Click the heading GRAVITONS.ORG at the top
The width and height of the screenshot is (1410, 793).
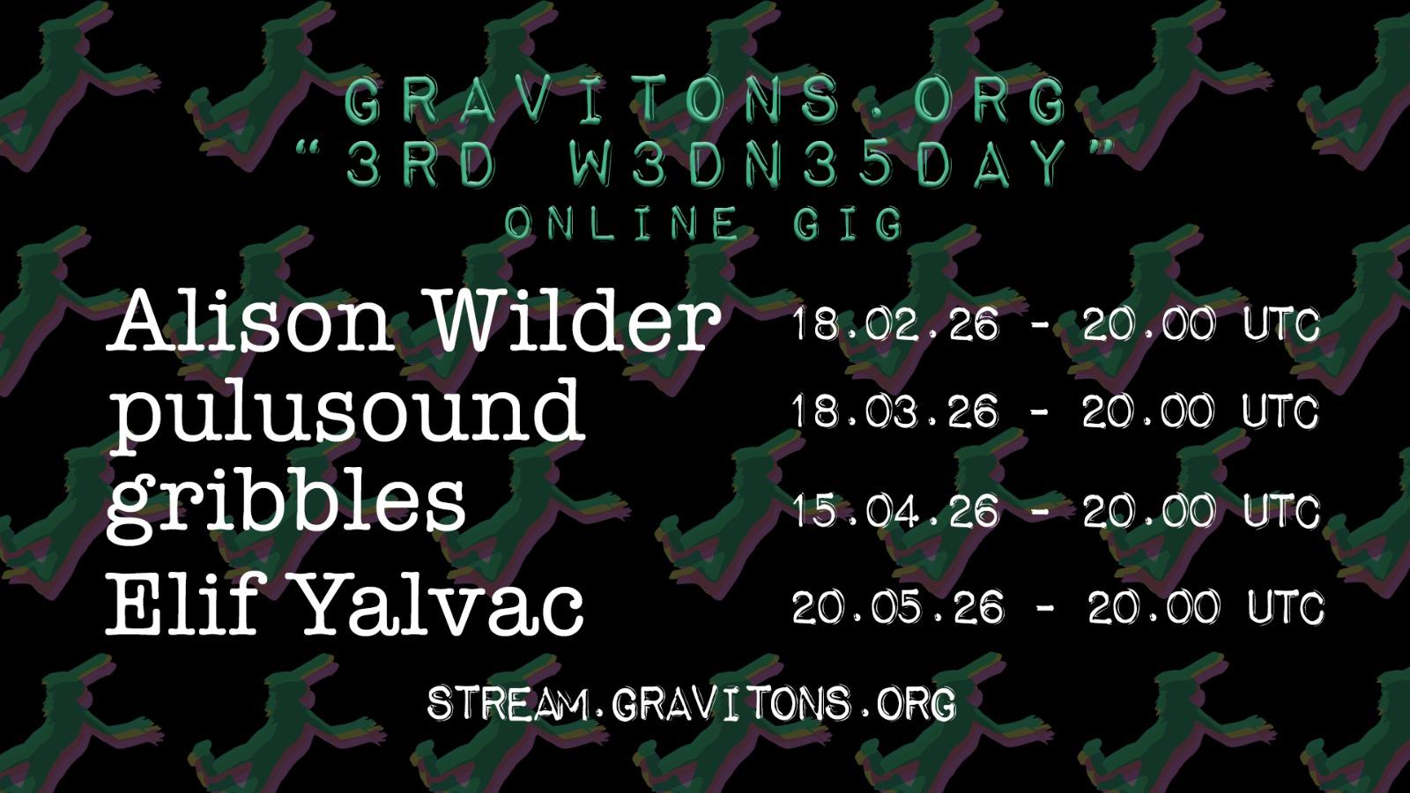[x=706, y=100]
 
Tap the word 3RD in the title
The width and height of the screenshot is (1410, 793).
[x=419, y=164]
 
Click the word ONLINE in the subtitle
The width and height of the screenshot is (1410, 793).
[x=620, y=223]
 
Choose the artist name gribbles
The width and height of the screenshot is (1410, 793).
[x=286, y=503]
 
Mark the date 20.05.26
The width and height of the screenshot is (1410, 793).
[x=898, y=608]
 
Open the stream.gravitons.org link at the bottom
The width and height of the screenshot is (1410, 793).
[x=691, y=704]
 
